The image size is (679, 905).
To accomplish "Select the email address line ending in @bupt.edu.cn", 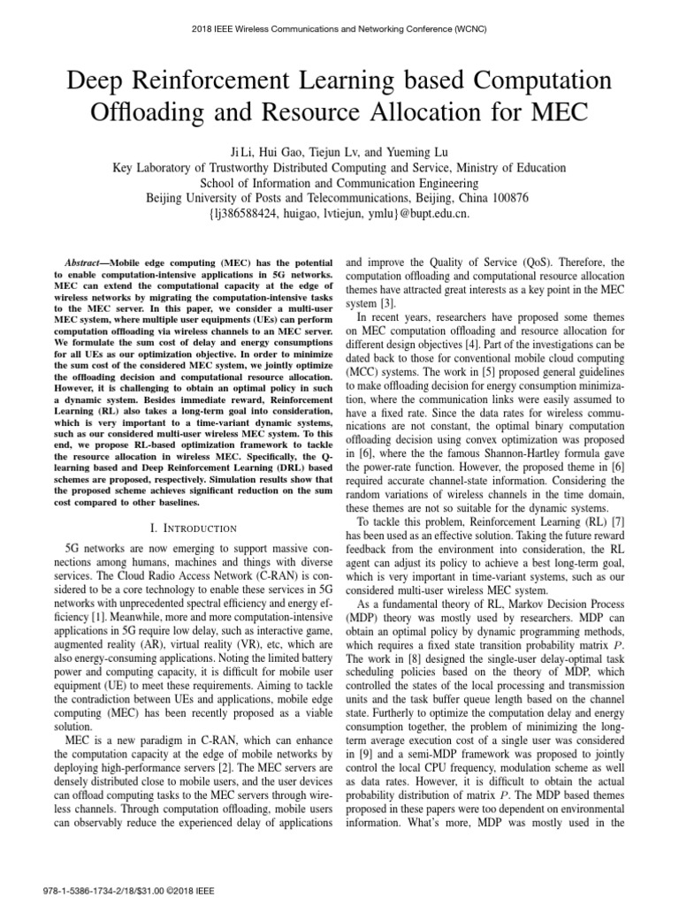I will pos(339,213).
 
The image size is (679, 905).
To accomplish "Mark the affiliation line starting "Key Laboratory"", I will pos(339,166).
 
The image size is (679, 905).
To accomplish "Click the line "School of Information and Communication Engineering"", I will pos(339,182).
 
